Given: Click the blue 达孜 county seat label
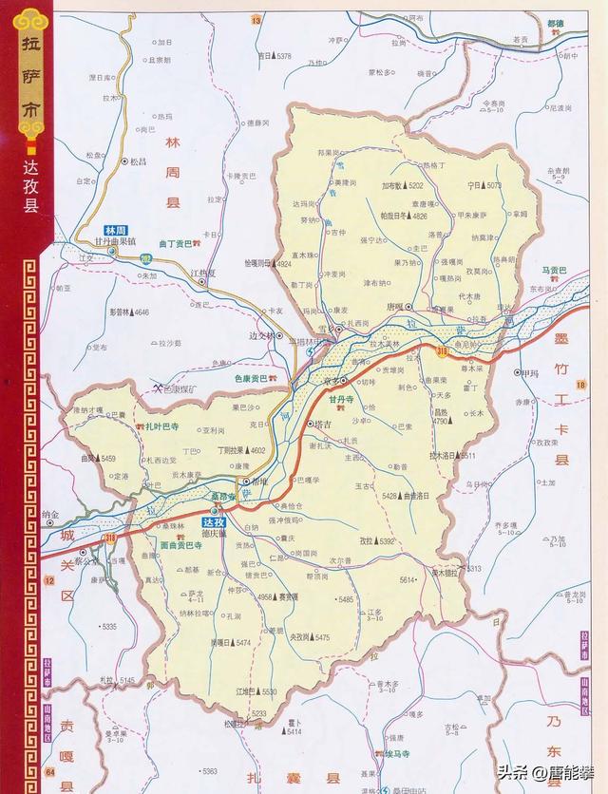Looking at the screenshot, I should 214,522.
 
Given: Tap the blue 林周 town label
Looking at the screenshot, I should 115,231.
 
